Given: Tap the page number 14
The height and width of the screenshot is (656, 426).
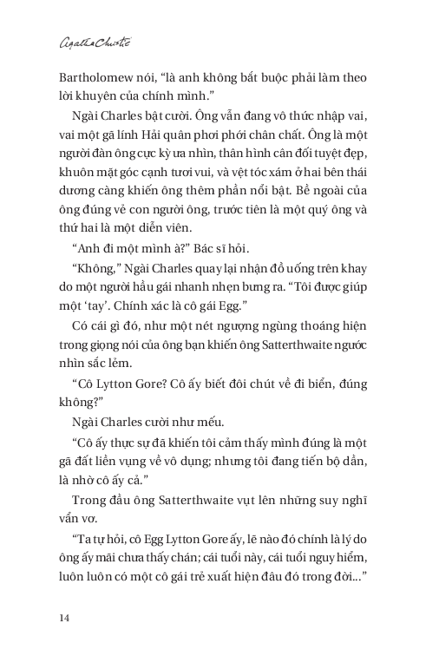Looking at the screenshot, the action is (x=65, y=617).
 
